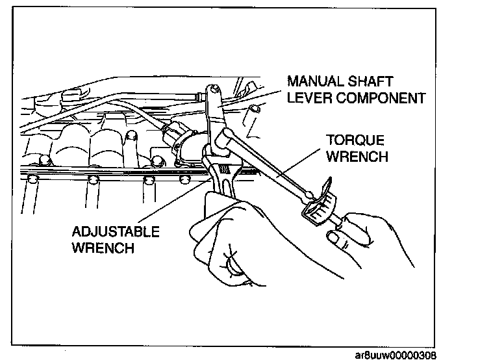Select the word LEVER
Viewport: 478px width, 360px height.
307,99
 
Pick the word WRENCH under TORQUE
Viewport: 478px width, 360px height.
358,157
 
